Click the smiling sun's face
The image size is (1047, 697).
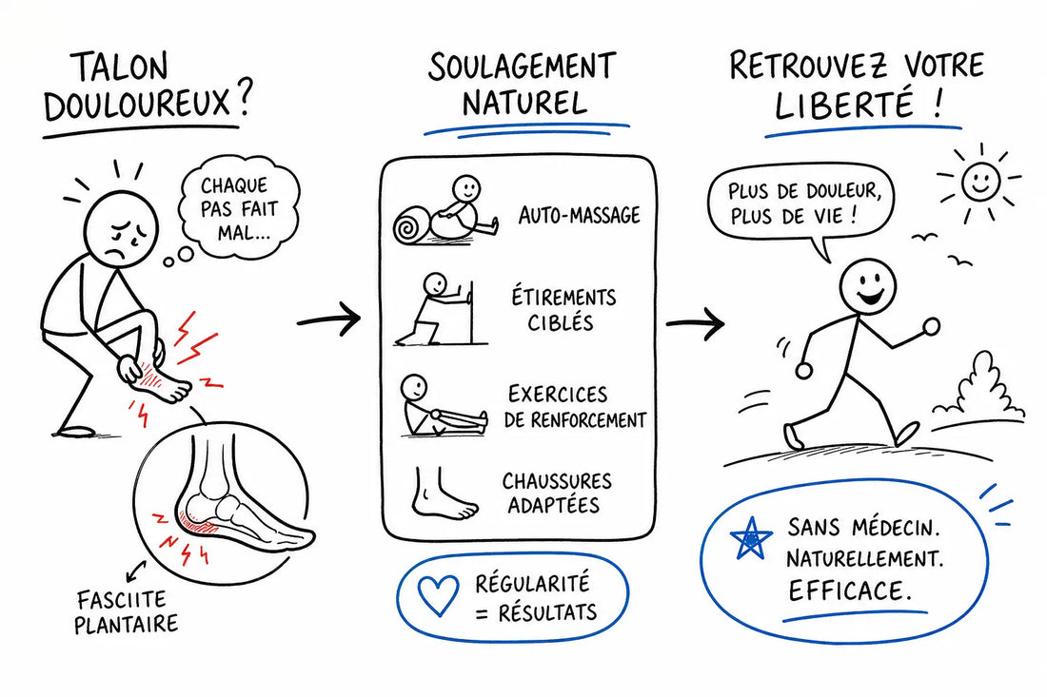[x=979, y=179]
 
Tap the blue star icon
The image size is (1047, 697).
[x=751, y=538]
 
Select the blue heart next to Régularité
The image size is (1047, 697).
[x=438, y=595]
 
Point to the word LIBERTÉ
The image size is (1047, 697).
[x=844, y=104]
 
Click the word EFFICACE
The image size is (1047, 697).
[x=849, y=591]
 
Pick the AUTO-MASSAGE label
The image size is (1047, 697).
[x=579, y=215]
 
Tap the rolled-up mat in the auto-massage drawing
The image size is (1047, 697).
[x=413, y=225]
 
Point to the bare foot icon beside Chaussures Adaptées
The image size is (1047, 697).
[x=443, y=494]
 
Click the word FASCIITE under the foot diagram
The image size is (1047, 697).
[x=122, y=600]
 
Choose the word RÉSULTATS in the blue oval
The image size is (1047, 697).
[x=547, y=612]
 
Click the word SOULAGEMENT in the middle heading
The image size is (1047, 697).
[x=522, y=67]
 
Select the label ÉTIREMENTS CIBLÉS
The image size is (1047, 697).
[x=563, y=309]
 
